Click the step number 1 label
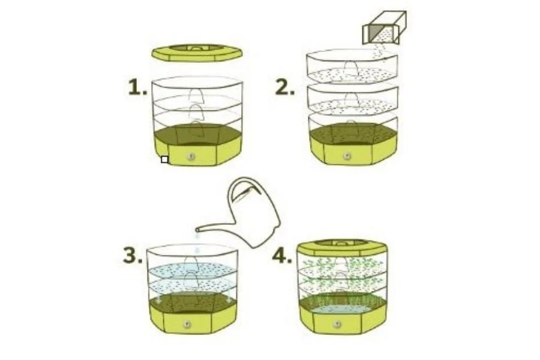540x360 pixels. pos(137,87)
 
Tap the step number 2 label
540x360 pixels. pos(285,87)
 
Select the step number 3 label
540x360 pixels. pos(133,256)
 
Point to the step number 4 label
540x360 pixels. pos(282,256)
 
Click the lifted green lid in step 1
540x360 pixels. pos(197,52)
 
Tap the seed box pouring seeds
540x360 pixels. pos(385,28)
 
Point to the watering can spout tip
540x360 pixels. pos(197,229)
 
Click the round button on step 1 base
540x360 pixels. pos(191,157)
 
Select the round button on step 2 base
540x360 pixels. pos(347,156)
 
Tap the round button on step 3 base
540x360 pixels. pos(187,324)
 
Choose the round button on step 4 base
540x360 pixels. pos(337,325)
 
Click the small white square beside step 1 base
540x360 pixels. pos(164,160)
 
